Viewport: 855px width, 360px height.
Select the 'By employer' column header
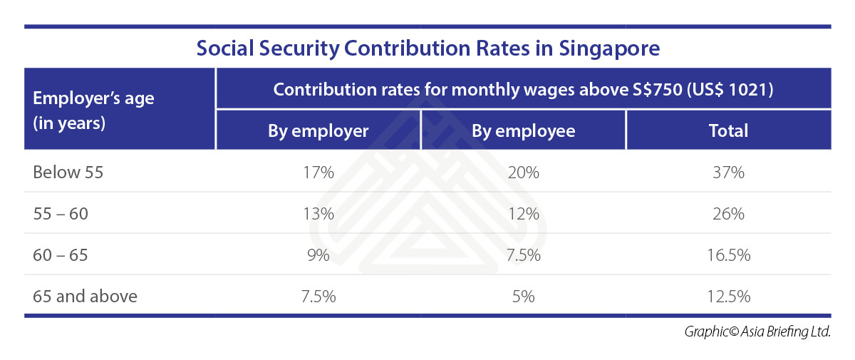318,131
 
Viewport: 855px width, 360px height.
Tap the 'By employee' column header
523,131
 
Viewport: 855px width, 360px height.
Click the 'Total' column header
728,131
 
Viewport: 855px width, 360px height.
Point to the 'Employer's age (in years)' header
93,110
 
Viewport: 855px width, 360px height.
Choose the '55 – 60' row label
61,214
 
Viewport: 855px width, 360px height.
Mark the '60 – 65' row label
61,255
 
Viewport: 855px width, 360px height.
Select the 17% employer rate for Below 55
318,173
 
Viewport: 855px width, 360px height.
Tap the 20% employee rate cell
523,173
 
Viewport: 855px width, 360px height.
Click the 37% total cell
728,173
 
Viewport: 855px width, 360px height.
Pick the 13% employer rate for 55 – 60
318,214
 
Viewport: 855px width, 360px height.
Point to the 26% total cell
728,214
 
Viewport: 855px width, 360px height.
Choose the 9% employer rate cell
318,255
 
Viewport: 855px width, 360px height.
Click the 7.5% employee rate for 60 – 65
523,255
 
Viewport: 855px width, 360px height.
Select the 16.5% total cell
728,255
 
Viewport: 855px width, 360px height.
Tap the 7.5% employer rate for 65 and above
318,296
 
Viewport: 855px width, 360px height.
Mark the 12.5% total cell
728,296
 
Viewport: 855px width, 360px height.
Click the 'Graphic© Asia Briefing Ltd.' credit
757,331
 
